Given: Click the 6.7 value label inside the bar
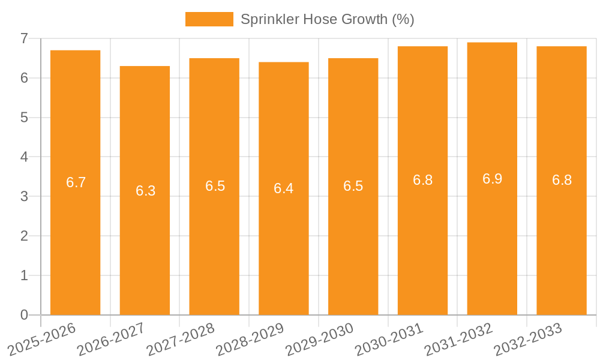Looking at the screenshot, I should (76, 182).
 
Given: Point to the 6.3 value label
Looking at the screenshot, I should (145, 191).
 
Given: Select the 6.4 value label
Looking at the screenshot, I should (284, 188).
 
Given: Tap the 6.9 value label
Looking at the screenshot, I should (492, 179).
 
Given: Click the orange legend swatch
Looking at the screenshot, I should (209, 19).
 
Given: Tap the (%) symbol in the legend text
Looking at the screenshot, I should (403, 19).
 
